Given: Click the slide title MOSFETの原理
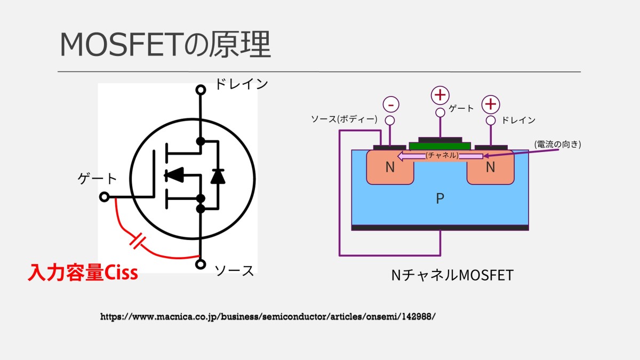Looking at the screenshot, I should [x=165, y=45].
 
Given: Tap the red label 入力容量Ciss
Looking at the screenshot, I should [x=83, y=273].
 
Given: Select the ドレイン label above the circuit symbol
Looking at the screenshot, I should [x=241, y=84].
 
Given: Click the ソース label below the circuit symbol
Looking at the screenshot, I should [x=234, y=270].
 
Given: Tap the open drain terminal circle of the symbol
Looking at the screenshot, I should [x=201, y=90].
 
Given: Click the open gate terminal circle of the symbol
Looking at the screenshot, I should [x=105, y=197].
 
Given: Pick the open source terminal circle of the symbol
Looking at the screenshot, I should [x=201, y=263].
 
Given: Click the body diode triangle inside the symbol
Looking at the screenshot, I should [x=218, y=176].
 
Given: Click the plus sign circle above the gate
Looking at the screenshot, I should [x=440, y=95].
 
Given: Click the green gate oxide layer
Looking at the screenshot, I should [x=440, y=146].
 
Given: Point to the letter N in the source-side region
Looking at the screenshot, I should [x=390, y=167].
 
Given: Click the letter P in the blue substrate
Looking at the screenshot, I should [x=440, y=199].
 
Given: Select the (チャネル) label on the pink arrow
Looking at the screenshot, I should [x=442, y=156].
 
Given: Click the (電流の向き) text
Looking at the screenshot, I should [x=557, y=144].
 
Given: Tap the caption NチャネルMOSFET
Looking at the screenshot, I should [x=452, y=275].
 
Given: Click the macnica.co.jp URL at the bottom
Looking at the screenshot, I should [x=268, y=316].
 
